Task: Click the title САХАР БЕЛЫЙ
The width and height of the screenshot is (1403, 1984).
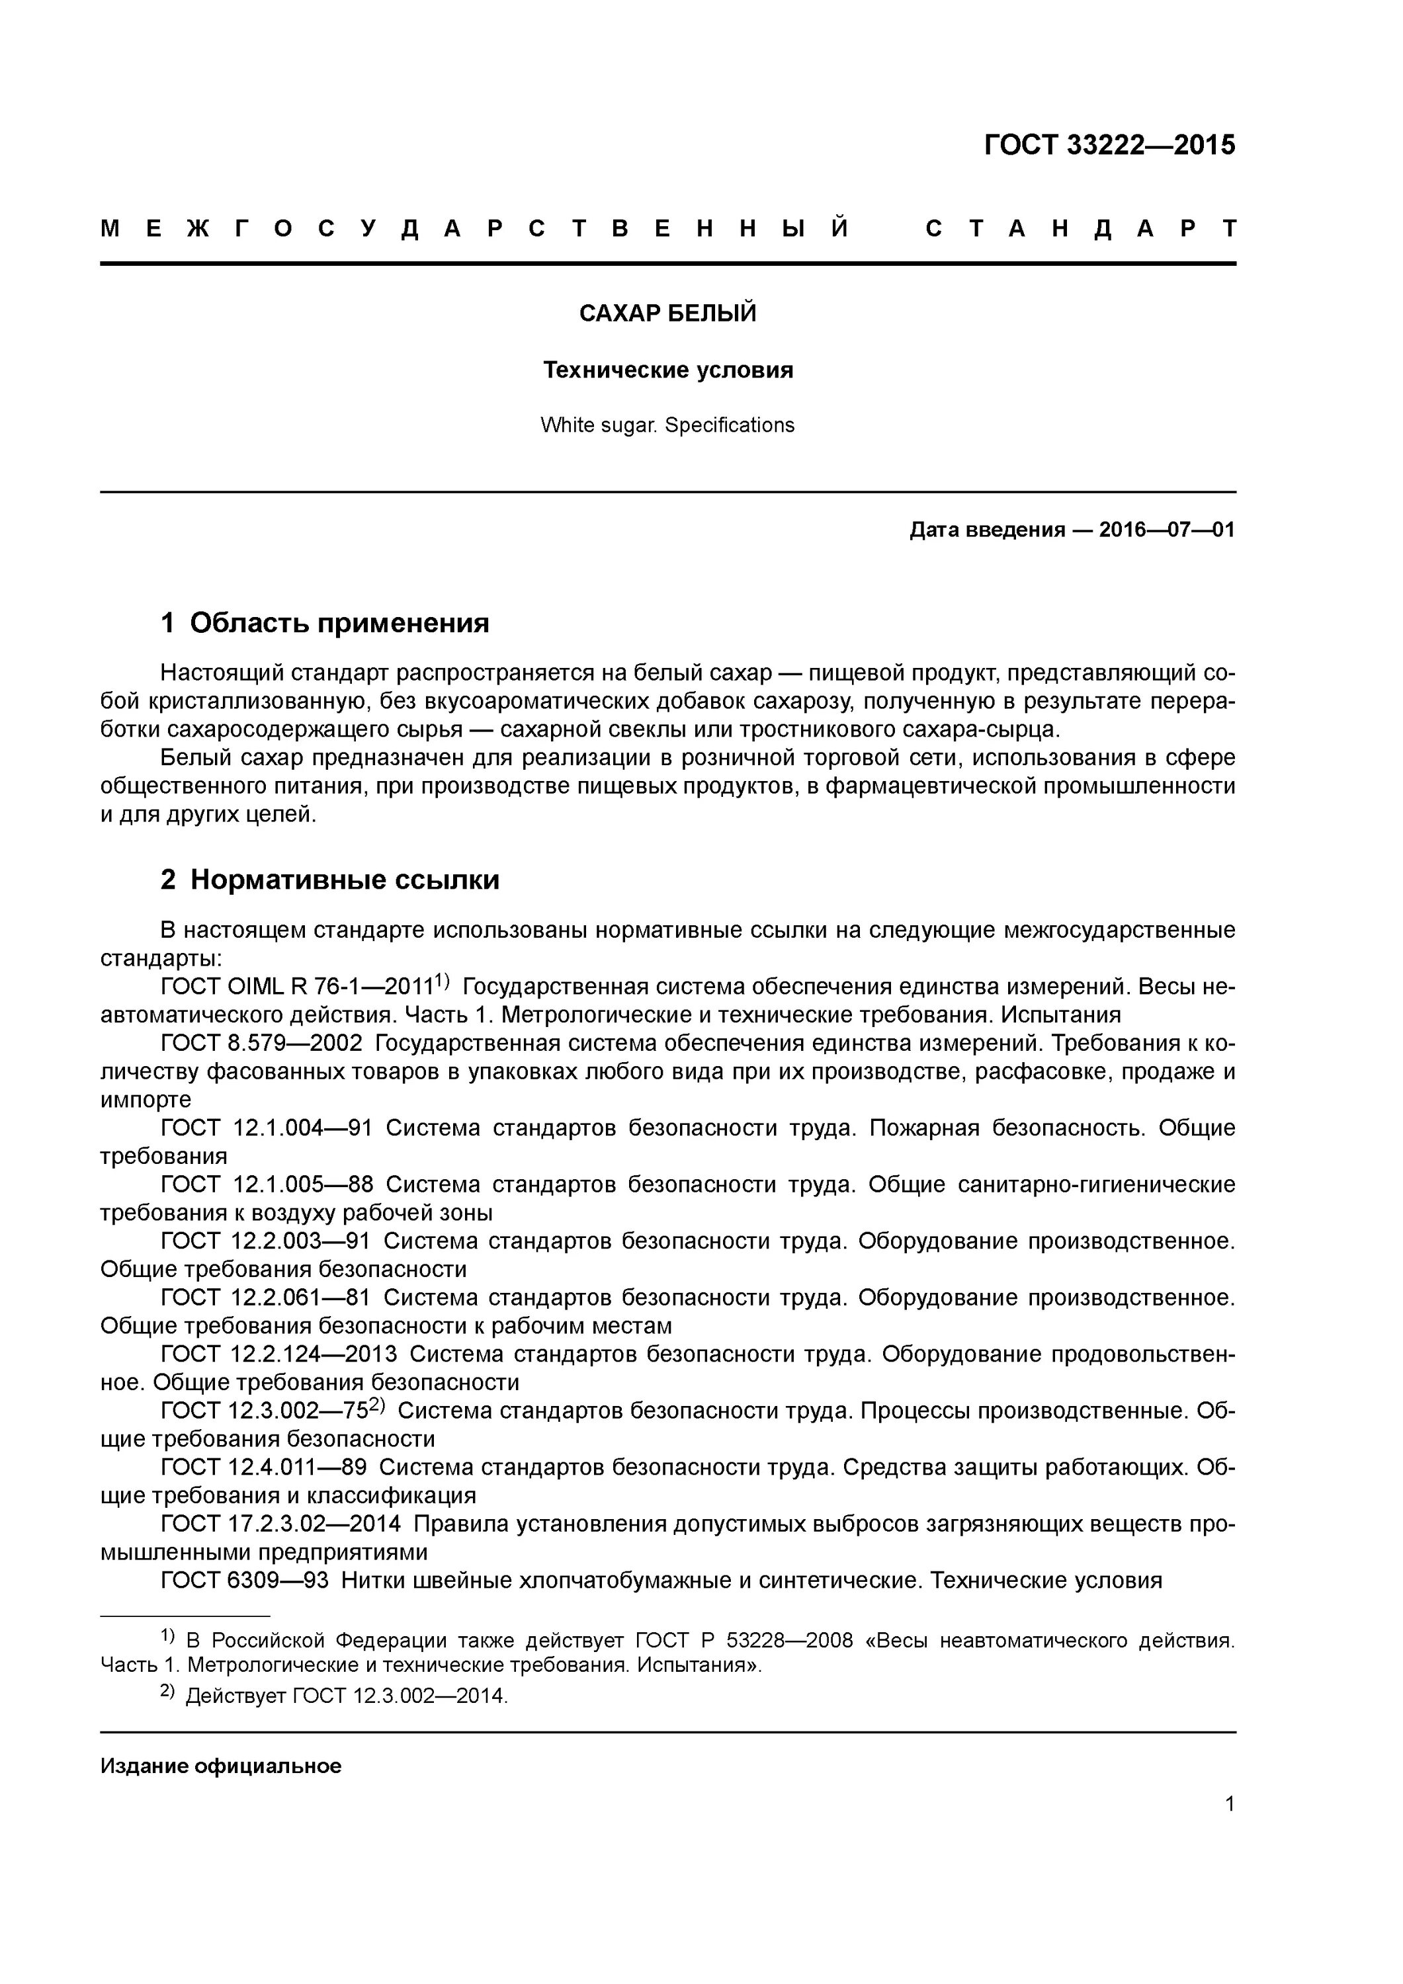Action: click(x=667, y=313)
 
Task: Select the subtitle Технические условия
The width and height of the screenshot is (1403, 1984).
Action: click(x=667, y=370)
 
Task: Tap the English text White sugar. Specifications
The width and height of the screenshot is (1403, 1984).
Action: click(x=667, y=425)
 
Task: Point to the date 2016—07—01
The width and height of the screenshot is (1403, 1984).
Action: click(x=1166, y=530)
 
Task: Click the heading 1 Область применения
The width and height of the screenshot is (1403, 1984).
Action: click(x=325, y=623)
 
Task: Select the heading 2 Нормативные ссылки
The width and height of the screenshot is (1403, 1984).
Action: click(x=330, y=880)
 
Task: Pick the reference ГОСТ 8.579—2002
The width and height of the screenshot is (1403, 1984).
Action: click(x=261, y=1044)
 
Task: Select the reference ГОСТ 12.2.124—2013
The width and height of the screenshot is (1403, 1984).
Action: click(x=278, y=1354)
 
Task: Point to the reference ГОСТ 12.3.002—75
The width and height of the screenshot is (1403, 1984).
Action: click(x=265, y=1411)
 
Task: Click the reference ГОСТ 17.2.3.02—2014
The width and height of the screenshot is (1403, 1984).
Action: click(x=280, y=1524)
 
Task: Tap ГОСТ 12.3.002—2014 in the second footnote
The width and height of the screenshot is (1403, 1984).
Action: click(x=400, y=1696)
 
